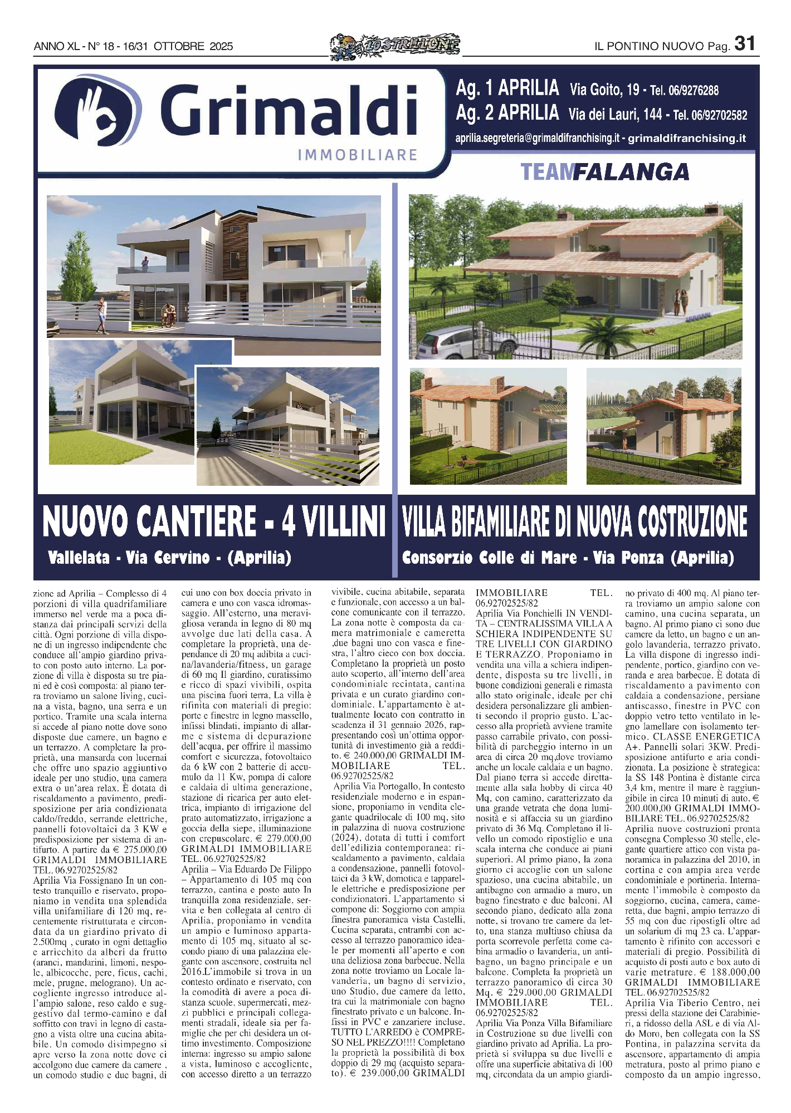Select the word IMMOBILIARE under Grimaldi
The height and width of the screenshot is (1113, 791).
tap(358, 154)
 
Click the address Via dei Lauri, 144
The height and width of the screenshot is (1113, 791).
tap(615, 115)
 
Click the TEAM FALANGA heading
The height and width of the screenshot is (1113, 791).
tap(604, 172)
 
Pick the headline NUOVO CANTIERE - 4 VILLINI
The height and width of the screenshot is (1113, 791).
tap(214, 521)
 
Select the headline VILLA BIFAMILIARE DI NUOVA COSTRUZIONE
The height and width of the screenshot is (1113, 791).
tap(574, 521)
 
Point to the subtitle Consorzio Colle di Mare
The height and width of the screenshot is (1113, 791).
tap(489, 557)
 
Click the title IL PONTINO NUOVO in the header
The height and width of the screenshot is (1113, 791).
tap(649, 47)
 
